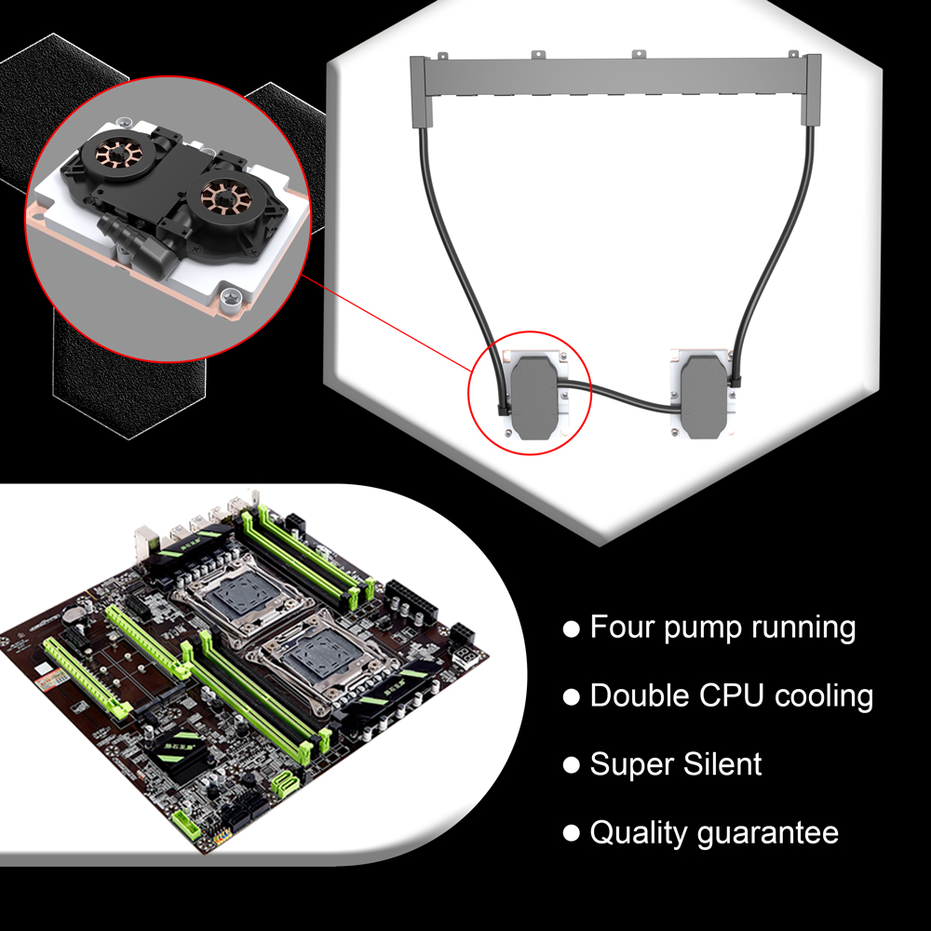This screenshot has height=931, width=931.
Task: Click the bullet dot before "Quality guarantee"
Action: click(x=571, y=833)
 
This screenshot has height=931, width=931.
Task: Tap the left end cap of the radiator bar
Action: click(x=423, y=90)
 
